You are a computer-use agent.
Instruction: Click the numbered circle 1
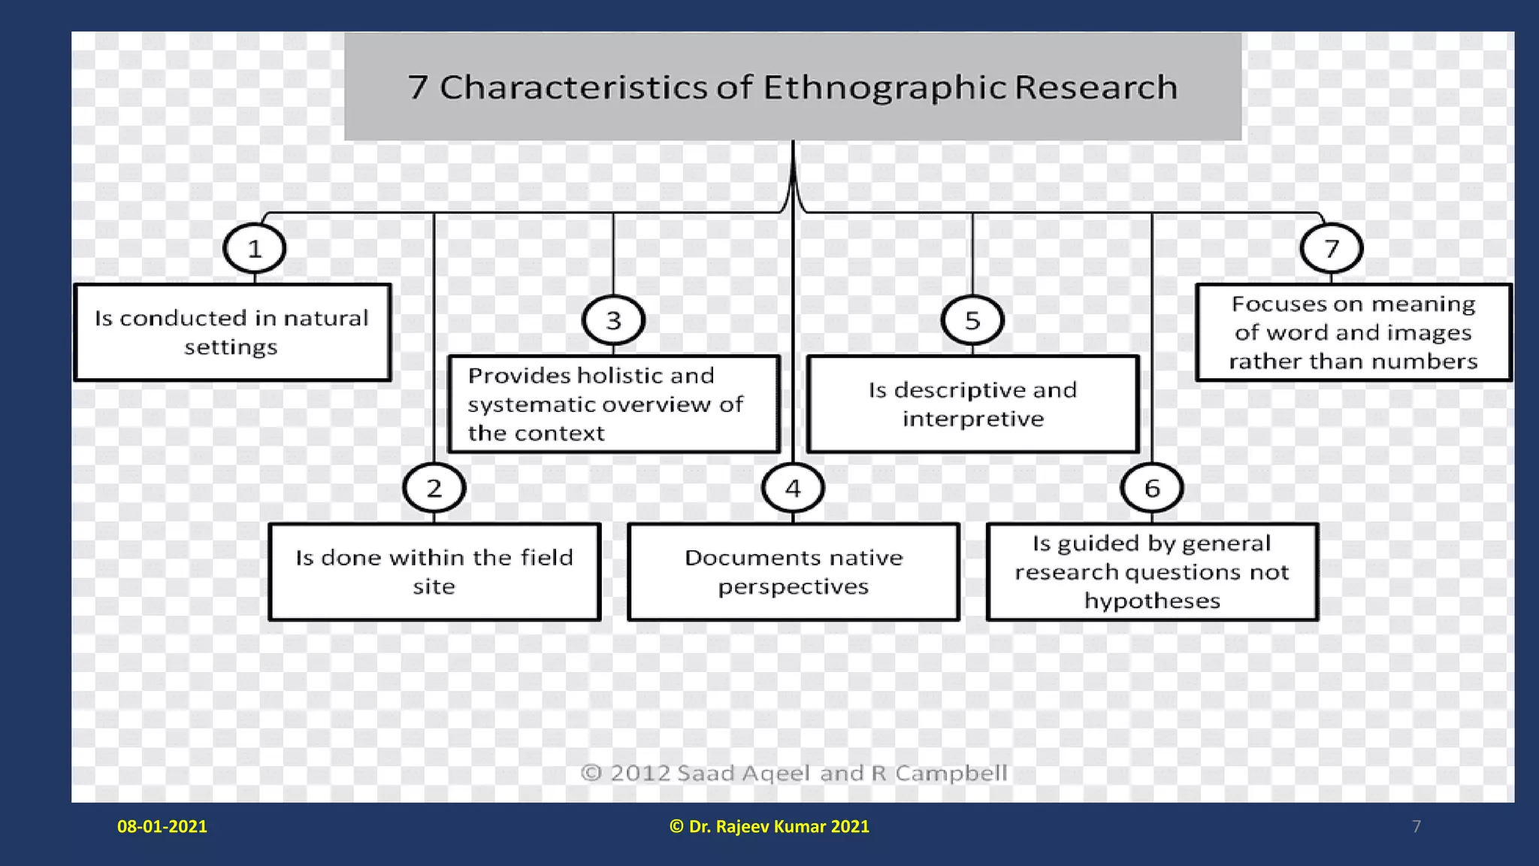(255, 248)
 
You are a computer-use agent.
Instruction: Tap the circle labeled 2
(434, 488)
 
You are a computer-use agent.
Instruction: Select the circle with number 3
(613, 320)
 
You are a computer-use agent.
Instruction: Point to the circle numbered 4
(793, 488)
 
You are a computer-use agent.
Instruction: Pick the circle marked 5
(972, 320)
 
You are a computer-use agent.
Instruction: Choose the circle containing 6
(1152, 488)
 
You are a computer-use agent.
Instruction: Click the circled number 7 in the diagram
(1332, 248)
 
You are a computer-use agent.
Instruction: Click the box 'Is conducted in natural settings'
(232, 332)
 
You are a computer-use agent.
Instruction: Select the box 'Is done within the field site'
(434, 571)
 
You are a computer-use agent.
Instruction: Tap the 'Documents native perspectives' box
(794, 571)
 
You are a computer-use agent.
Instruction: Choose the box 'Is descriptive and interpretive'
(973, 404)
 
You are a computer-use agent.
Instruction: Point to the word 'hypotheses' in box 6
(1152, 601)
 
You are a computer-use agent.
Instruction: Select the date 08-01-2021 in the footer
(162, 826)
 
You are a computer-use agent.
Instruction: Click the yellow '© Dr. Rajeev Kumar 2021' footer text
(769, 826)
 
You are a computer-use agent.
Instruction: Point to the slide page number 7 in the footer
(1417, 826)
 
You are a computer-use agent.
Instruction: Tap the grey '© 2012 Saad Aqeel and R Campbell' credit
(794, 773)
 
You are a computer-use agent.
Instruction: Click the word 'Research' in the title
(1096, 87)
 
